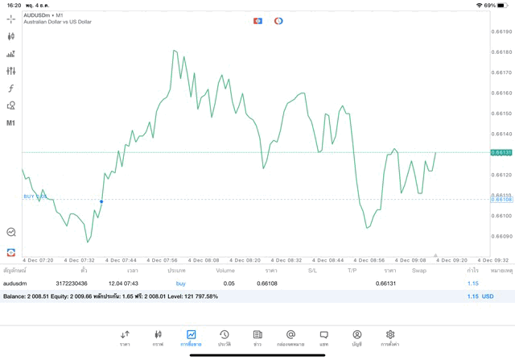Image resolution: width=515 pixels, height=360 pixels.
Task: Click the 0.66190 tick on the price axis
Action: pyautogui.click(x=501, y=32)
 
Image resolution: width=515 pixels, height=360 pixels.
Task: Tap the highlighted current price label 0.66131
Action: pyautogui.click(x=501, y=152)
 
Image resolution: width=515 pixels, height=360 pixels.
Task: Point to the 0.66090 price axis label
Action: pyautogui.click(x=501, y=236)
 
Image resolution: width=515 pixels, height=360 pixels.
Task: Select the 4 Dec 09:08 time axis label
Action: pyautogui.click(x=410, y=260)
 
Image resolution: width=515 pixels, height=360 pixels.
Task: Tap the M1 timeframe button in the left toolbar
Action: pyautogui.click(x=11, y=123)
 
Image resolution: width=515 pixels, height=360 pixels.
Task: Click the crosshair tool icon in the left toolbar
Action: pyautogui.click(x=11, y=19)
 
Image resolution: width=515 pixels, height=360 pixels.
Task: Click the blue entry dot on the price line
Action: pyautogui.click(x=101, y=201)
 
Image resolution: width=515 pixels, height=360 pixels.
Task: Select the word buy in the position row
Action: pyautogui.click(x=180, y=283)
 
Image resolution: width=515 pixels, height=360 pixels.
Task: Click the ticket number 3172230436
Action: pyautogui.click(x=72, y=283)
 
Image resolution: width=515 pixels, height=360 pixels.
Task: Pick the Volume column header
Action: pyautogui.click(x=225, y=271)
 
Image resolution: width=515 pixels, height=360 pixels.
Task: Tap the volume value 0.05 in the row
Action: pyautogui.click(x=229, y=283)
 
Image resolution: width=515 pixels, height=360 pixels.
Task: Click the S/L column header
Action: pyautogui.click(x=312, y=271)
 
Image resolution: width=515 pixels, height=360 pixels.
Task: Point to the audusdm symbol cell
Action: pyautogui.click(x=16, y=283)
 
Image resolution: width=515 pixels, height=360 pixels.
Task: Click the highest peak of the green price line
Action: pyautogui.click(x=174, y=50)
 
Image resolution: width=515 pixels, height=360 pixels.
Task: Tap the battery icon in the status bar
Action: pyautogui.click(x=503, y=5)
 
